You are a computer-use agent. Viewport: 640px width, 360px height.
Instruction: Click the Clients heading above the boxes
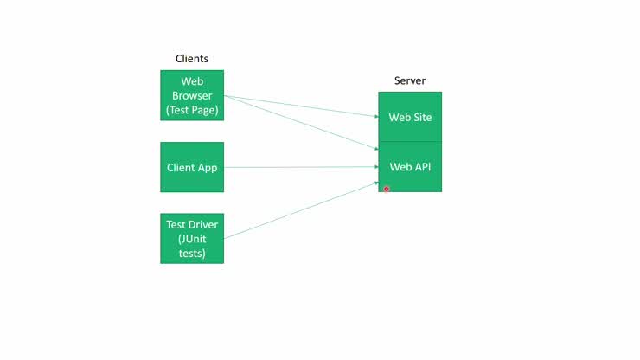point(192,59)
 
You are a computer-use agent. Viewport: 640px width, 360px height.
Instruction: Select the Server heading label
point(410,80)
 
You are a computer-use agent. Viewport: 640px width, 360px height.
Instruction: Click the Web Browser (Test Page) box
point(192,96)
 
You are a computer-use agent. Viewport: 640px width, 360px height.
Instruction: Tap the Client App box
point(192,167)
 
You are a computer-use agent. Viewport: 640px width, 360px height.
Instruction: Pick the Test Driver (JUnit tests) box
point(192,238)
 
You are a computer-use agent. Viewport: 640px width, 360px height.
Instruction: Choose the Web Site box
point(410,117)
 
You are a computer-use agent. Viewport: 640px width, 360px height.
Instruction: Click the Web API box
point(410,167)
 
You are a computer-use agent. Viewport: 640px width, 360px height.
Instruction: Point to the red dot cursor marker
point(387,189)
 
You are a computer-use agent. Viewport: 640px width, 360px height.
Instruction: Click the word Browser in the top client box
point(192,96)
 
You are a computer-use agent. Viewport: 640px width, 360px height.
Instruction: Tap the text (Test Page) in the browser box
point(192,110)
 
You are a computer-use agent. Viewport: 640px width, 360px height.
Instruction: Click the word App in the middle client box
point(208,167)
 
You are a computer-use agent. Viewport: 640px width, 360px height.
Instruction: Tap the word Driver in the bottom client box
point(205,224)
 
